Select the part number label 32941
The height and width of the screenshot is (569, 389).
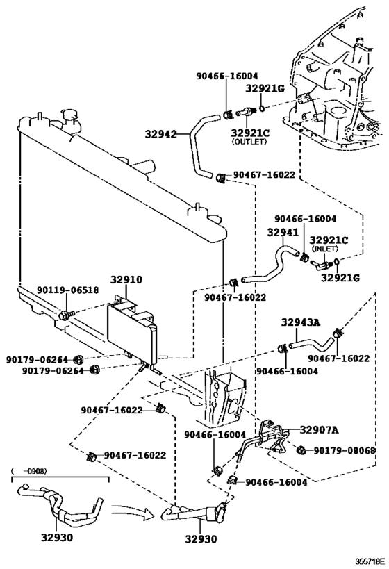pos(282,233)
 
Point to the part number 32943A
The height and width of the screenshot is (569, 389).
pos(301,322)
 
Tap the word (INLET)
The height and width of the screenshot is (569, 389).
pos(324,248)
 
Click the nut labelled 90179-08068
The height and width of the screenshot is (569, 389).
pos(301,451)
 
